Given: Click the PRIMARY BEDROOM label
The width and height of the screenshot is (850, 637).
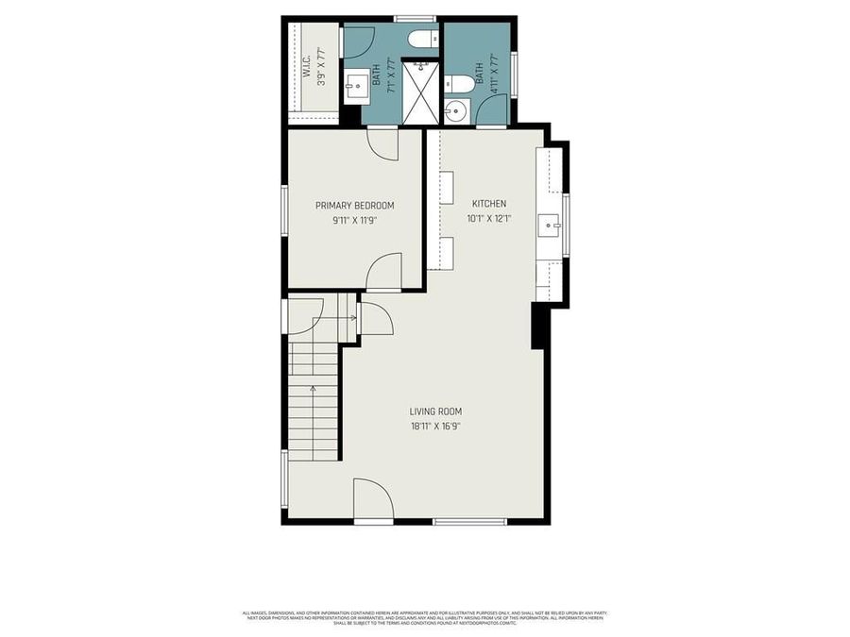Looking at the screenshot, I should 354,206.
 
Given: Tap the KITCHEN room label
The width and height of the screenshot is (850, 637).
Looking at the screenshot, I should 488,204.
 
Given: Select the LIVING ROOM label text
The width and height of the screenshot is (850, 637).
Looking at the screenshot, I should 435,411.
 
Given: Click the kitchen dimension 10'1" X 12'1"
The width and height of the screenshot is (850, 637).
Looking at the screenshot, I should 488,219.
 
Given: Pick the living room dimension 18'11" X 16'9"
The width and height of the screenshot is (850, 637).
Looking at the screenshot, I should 435,426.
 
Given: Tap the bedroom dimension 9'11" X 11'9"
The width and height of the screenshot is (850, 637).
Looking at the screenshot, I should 354,221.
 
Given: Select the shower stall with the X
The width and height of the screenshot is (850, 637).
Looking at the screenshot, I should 420,92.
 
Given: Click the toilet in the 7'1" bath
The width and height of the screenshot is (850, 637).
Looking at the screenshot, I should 421,39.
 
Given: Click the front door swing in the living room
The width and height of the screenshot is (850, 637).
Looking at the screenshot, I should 371,498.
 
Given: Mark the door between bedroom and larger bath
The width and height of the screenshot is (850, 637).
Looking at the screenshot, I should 382,143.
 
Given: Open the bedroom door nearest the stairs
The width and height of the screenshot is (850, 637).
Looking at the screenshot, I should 383,274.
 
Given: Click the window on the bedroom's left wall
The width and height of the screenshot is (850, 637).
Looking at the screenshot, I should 285,209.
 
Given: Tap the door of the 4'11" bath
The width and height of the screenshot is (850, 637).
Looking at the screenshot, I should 491,111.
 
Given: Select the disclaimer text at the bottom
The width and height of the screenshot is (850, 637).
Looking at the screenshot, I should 424,618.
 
